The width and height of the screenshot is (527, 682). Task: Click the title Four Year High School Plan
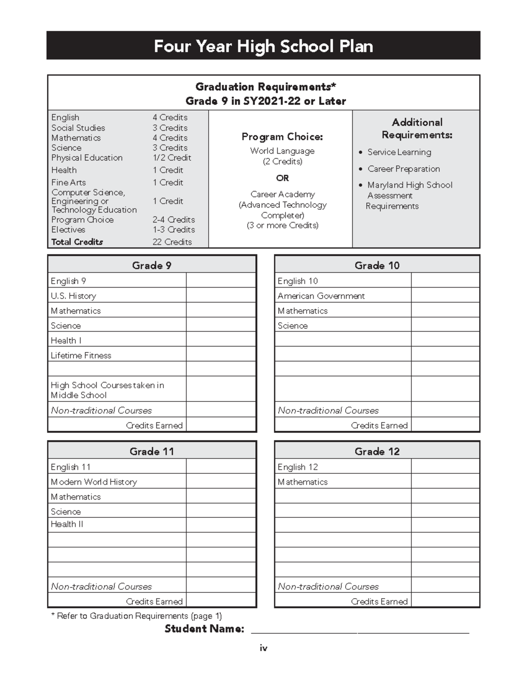(263, 46)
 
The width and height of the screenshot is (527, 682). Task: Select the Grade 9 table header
(152, 265)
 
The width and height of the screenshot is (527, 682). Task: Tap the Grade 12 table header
(377, 451)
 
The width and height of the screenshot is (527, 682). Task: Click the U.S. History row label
(73, 296)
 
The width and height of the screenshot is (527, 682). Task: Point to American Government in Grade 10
(321, 296)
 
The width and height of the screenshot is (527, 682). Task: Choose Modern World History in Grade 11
(94, 482)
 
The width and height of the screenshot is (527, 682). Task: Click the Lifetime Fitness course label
(81, 355)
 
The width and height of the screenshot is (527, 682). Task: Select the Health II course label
(67, 524)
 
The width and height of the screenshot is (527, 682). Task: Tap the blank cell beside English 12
(445, 466)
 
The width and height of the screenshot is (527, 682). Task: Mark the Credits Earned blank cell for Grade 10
(445, 425)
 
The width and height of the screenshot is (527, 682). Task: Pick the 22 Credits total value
(172, 242)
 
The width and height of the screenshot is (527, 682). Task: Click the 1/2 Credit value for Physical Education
(172, 158)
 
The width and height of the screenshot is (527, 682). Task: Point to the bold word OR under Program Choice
(282, 178)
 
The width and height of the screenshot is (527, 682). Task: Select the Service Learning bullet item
(399, 152)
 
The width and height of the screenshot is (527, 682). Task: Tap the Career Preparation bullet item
(403, 169)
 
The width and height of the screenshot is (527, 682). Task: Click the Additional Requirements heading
(417, 128)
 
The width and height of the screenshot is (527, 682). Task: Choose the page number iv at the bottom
(263, 648)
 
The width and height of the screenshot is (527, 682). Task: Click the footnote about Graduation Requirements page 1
(137, 616)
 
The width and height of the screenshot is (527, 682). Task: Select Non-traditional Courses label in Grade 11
(101, 586)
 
